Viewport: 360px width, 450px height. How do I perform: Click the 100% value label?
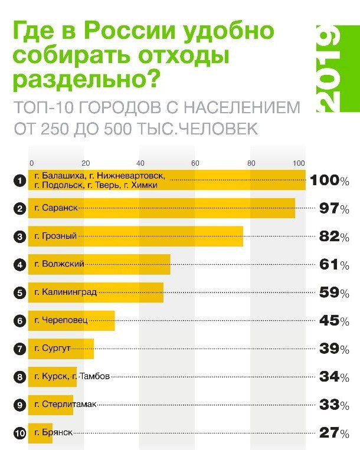point(329,180)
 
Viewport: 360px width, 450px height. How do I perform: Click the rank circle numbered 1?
point(19,180)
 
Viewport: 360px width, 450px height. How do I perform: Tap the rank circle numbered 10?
point(19,433)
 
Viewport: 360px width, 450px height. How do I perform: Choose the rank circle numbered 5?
point(19,293)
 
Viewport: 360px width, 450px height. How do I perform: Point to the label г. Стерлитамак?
point(66,405)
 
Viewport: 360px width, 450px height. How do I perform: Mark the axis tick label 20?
point(86,163)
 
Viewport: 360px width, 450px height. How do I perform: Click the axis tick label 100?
point(300,163)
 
